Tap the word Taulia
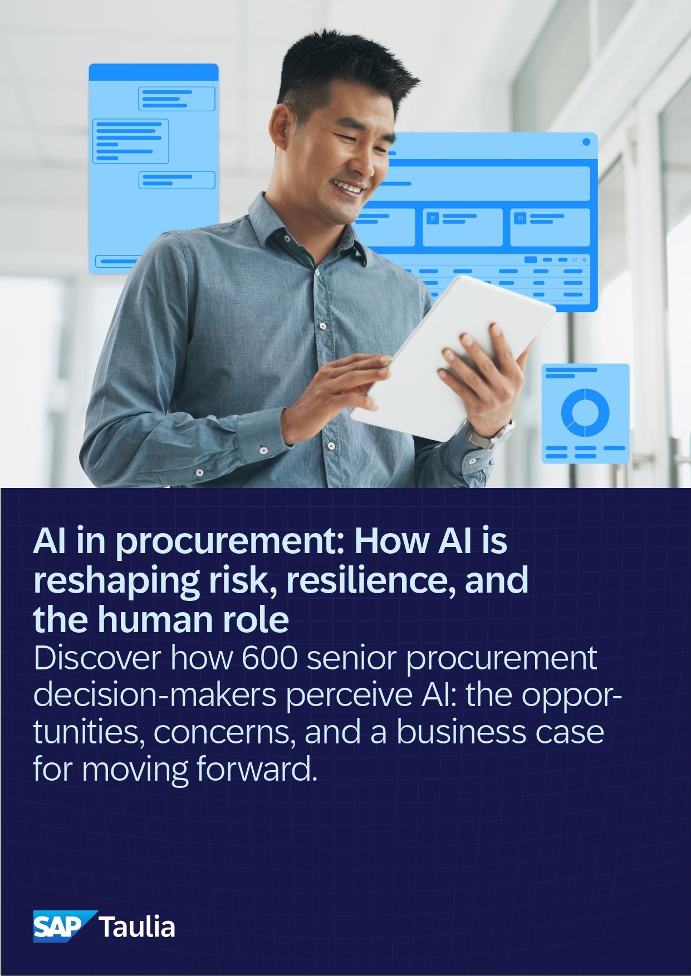[x=137, y=927]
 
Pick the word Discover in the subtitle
[x=97, y=658]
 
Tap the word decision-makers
[x=155, y=695]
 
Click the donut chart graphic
[x=585, y=412]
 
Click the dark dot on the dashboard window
[x=586, y=142]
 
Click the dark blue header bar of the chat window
[x=154, y=72]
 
